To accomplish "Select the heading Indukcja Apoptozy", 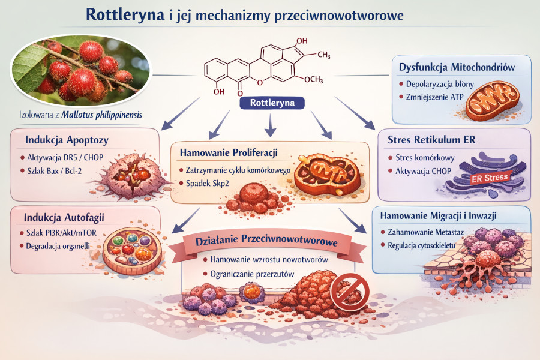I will pos(66,140).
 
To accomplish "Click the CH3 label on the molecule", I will pos(323,55).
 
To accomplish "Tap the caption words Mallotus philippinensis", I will pos(108,115).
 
